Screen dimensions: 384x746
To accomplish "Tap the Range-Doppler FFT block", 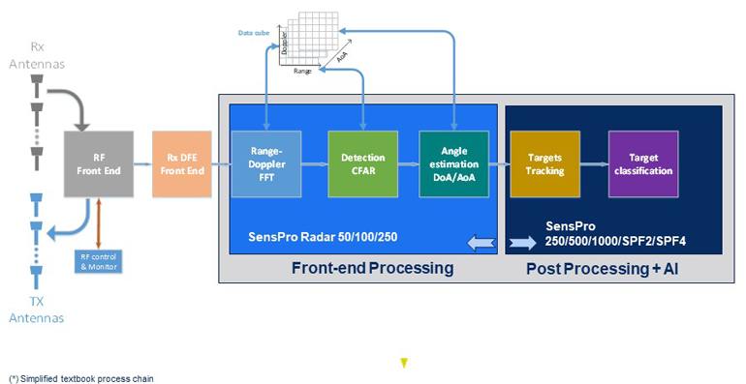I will point(266,163).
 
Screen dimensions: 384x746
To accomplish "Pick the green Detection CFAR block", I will point(363,163).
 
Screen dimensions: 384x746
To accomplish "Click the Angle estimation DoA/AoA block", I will point(453,163).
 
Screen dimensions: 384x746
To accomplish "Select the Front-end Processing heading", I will point(372,268).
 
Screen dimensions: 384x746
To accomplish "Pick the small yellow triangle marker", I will point(404,363).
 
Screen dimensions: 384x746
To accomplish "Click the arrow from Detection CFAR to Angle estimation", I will point(408,163).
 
